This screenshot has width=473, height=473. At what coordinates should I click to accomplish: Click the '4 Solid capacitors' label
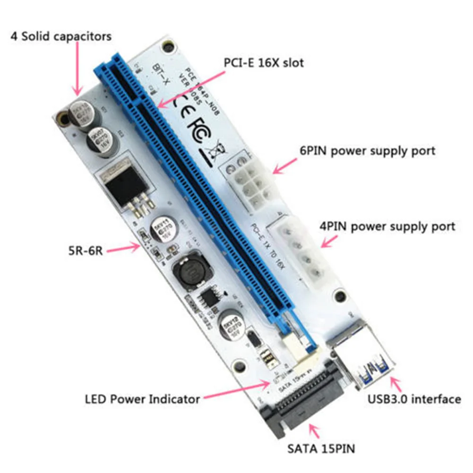coord(61,36)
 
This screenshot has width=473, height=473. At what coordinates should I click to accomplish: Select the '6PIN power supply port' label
coord(368,151)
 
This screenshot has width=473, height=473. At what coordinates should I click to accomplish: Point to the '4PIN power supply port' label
coord(387,226)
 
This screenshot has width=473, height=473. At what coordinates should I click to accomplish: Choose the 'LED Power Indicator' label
coord(142,399)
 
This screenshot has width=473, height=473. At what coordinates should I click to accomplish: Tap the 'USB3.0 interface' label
coord(414,399)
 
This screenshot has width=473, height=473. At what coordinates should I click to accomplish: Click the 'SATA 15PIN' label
coord(321,448)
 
